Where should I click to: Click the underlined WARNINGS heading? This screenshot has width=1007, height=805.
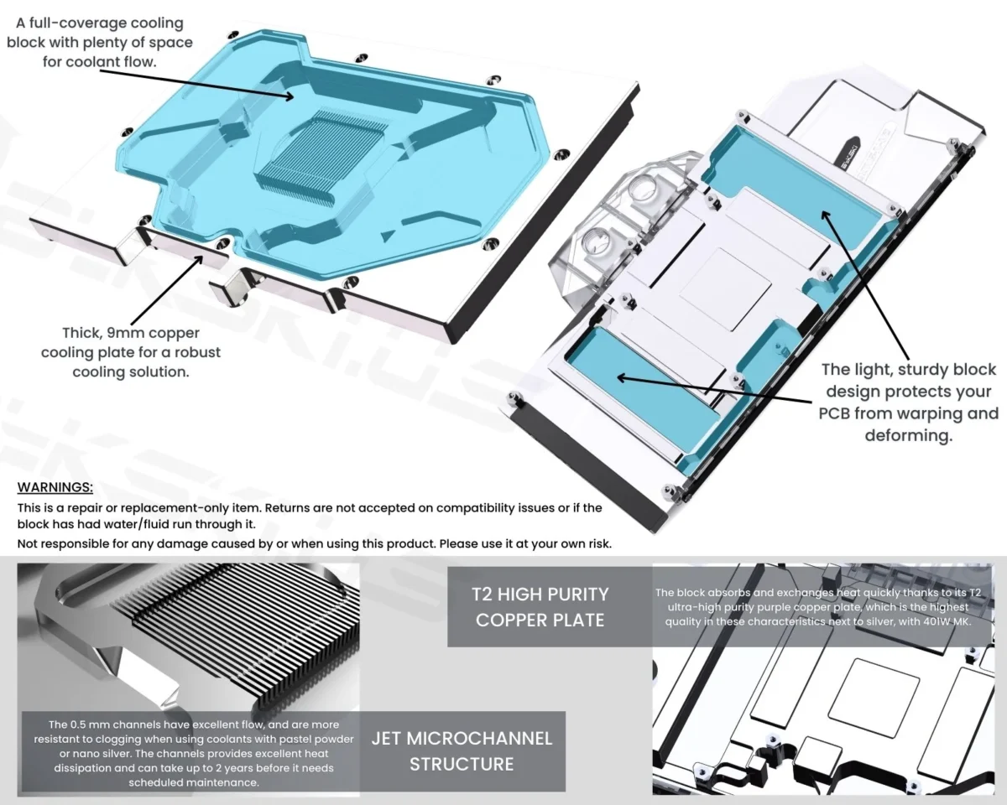55,488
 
